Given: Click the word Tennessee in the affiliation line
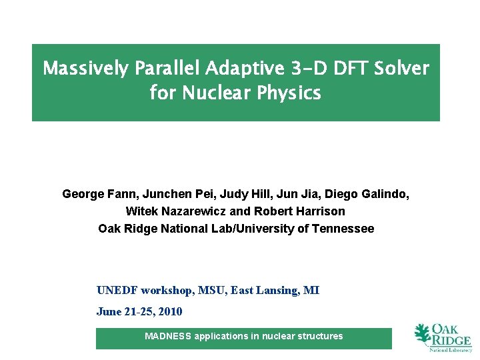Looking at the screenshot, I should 344,229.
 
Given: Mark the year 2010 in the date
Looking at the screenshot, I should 169,312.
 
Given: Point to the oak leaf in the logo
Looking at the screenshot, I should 423,334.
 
